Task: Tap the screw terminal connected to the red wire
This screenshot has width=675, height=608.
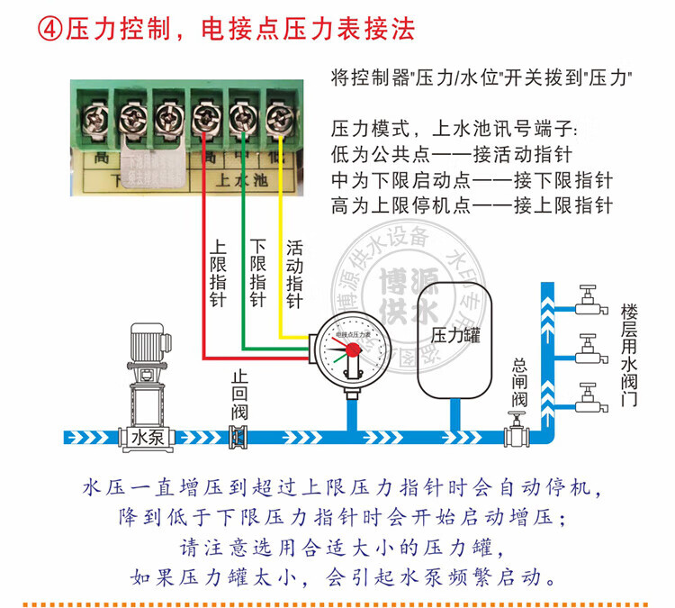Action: (205, 115)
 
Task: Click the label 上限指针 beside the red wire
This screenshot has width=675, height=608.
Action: (218, 274)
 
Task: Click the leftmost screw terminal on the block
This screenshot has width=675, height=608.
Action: (90, 115)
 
